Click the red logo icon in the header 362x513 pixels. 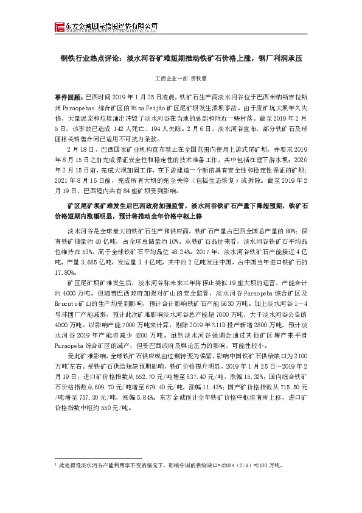(x=58, y=26)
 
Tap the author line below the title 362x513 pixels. (x=181, y=79)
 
